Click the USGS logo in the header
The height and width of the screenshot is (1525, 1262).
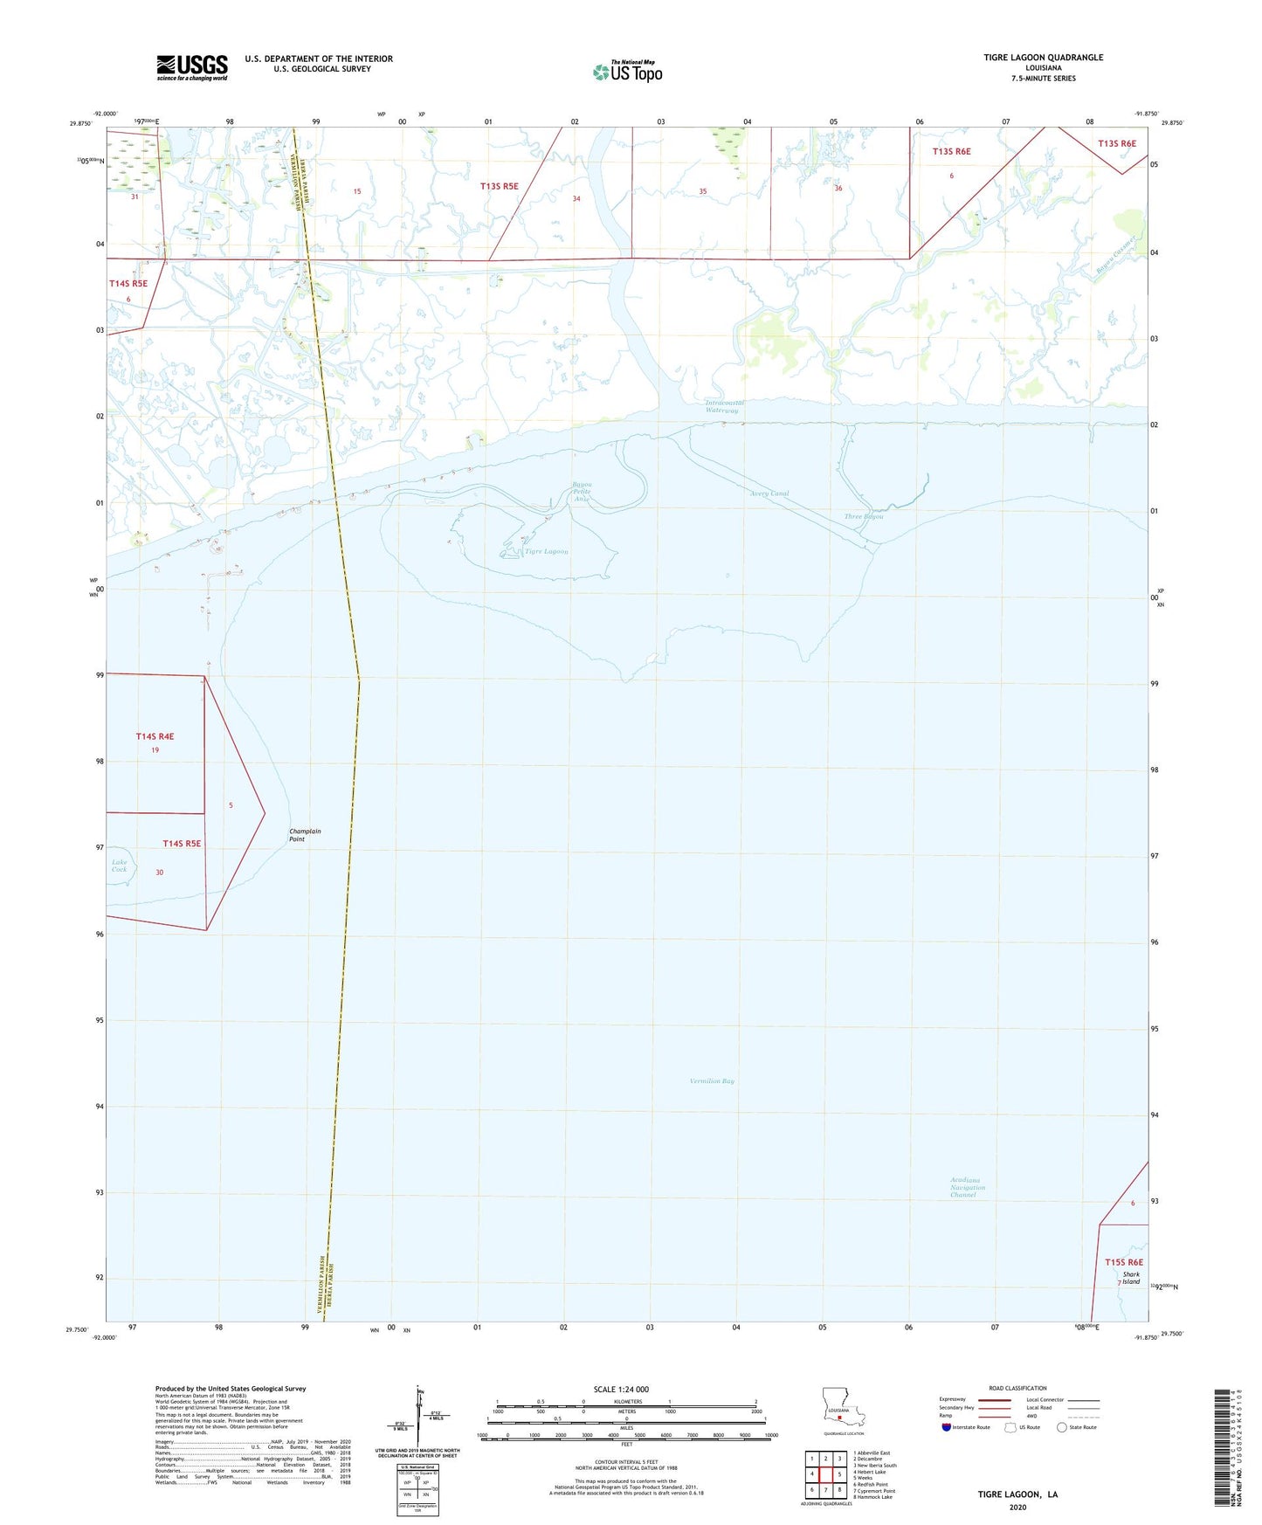point(192,67)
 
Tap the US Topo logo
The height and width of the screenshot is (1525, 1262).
point(627,72)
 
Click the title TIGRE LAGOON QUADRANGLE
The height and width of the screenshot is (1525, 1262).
point(1043,58)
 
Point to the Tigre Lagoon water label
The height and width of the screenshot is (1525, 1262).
point(546,552)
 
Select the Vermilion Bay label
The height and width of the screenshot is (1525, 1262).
point(712,1081)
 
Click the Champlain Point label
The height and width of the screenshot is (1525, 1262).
point(305,835)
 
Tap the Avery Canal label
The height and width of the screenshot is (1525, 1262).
point(769,493)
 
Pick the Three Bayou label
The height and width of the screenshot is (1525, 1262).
point(864,516)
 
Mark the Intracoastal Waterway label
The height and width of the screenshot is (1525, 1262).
point(722,406)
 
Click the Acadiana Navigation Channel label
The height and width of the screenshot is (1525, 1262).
point(967,1187)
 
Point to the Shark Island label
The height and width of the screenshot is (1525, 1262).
point(1131,1278)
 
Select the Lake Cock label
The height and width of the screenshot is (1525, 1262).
point(120,866)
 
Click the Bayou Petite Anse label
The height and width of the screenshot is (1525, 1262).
point(582,491)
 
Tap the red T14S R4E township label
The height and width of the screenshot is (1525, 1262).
point(155,736)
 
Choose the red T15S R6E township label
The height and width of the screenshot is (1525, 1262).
point(1123,1262)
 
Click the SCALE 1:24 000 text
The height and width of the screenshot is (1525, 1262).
point(621,1390)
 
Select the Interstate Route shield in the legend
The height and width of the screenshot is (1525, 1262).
point(947,1427)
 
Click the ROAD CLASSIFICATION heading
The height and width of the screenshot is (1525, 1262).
point(1017,1388)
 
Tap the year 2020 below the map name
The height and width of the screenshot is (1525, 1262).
point(1017,1507)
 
